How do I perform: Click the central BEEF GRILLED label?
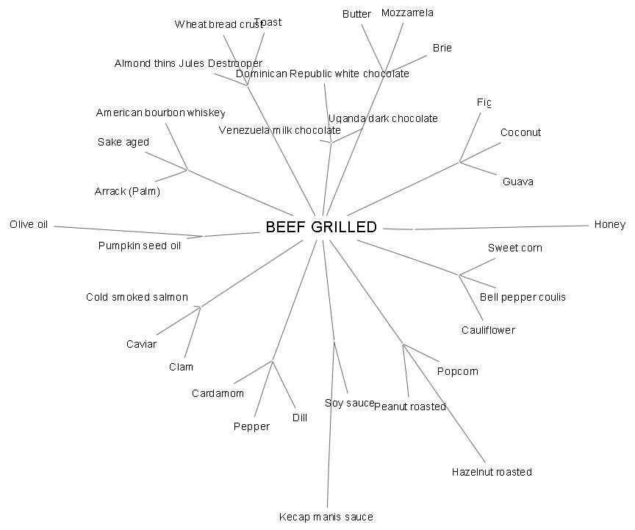320,227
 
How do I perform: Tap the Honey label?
609,225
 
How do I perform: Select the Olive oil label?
29,224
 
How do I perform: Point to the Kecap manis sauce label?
326,517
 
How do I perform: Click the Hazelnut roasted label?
492,472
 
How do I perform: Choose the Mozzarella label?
407,12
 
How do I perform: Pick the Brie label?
442,48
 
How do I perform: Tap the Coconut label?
520,132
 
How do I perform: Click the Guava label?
518,182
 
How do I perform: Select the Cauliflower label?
488,330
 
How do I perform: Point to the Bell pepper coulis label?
523,297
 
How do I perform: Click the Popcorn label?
457,371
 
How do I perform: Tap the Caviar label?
141,344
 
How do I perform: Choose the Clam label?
181,367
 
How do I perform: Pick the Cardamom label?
218,393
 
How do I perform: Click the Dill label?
299,418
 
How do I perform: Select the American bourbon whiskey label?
160,112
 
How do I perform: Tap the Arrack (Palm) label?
127,191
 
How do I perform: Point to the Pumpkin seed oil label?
139,246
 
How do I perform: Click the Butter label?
356,14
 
